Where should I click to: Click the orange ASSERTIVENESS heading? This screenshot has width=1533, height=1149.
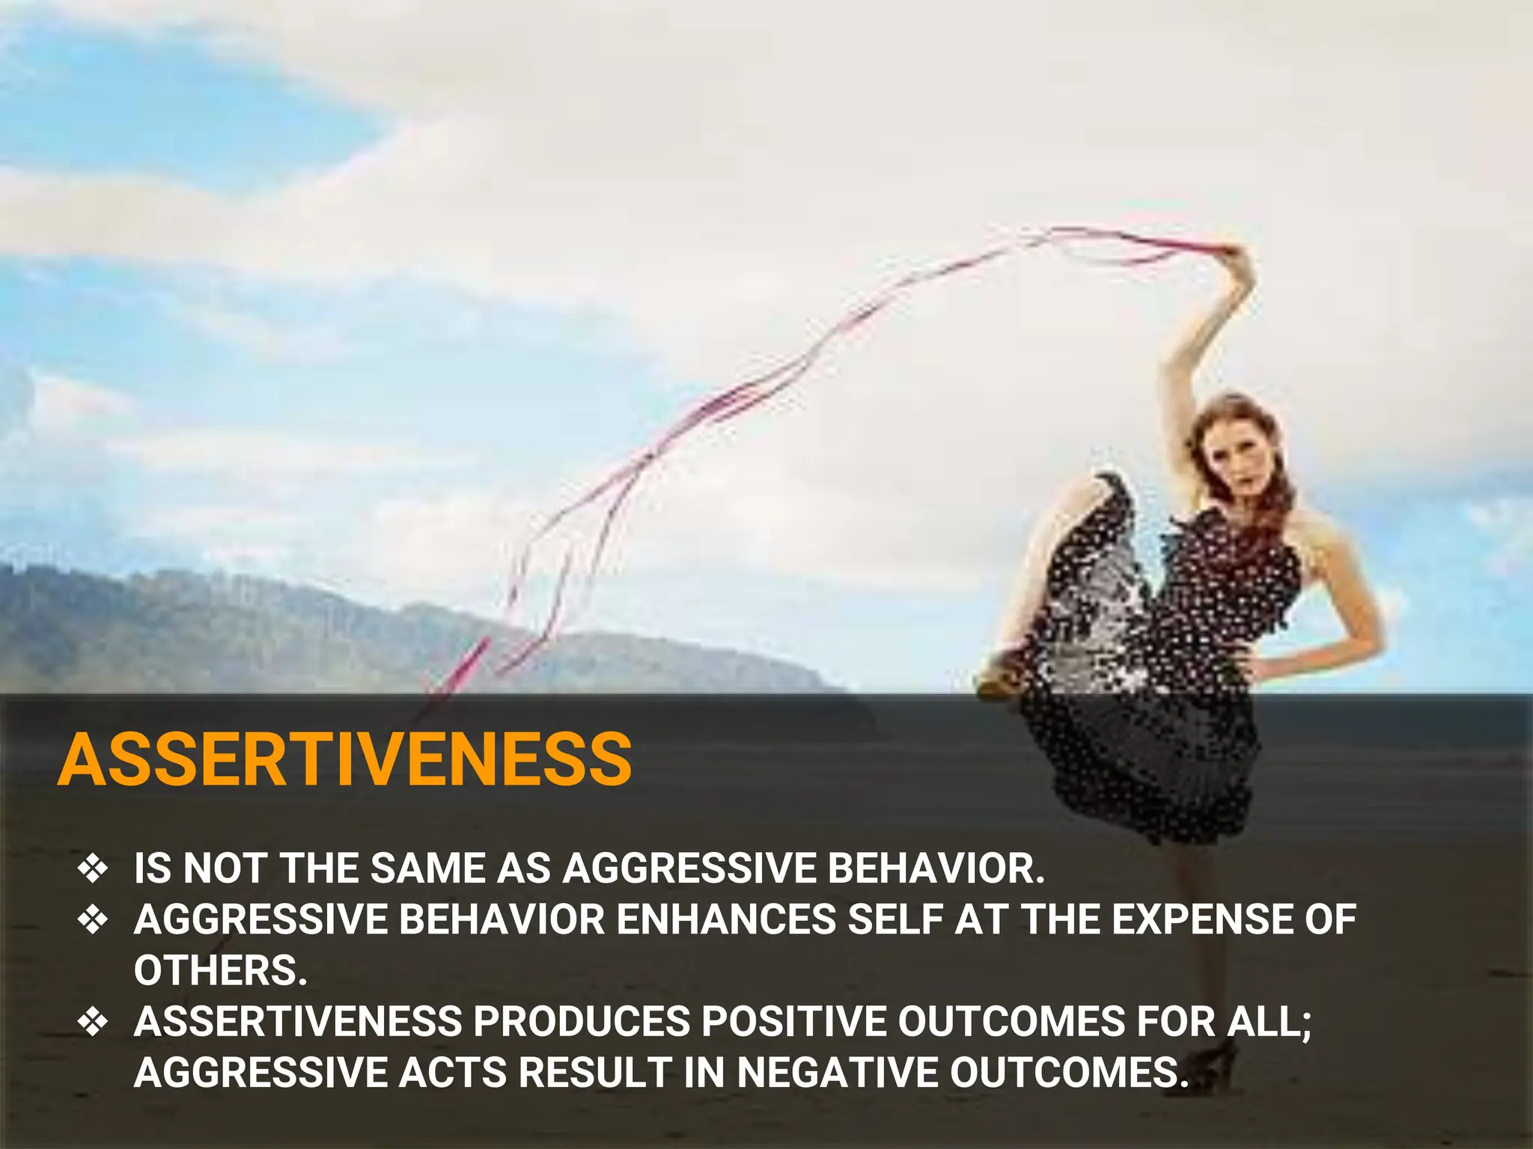345,759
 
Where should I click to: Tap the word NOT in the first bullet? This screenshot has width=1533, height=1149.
225,868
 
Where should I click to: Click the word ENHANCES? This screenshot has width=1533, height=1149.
725,919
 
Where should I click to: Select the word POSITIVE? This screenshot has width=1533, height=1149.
793,1021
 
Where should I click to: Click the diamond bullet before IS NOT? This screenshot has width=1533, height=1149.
93,868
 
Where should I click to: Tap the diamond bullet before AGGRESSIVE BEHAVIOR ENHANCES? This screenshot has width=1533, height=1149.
93,919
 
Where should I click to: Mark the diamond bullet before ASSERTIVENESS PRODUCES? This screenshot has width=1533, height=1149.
93,1021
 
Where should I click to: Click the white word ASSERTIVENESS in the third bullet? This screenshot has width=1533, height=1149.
297,1021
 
